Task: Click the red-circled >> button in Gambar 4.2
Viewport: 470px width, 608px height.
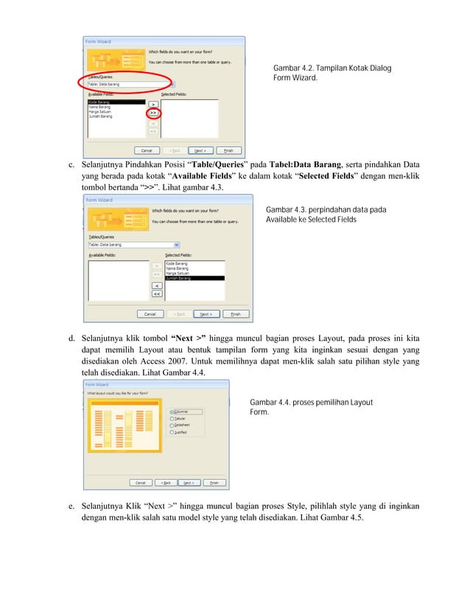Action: pyautogui.click(x=154, y=114)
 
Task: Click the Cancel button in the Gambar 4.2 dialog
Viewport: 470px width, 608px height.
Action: pyautogui.click(x=146, y=150)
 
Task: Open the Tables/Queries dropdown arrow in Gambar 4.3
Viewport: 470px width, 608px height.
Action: pyautogui.click(x=176, y=244)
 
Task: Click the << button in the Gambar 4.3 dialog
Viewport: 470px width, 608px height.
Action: pyautogui.click(x=157, y=294)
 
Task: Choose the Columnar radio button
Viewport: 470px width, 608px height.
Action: pyautogui.click(x=172, y=412)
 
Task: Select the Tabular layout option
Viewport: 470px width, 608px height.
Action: pyautogui.click(x=172, y=419)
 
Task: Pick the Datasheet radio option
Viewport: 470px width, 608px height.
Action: pyautogui.click(x=172, y=425)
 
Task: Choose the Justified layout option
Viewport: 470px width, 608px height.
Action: pyautogui.click(x=172, y=433)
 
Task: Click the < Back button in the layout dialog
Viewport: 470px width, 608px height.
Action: pyautogui.click(x=166, y=483)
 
